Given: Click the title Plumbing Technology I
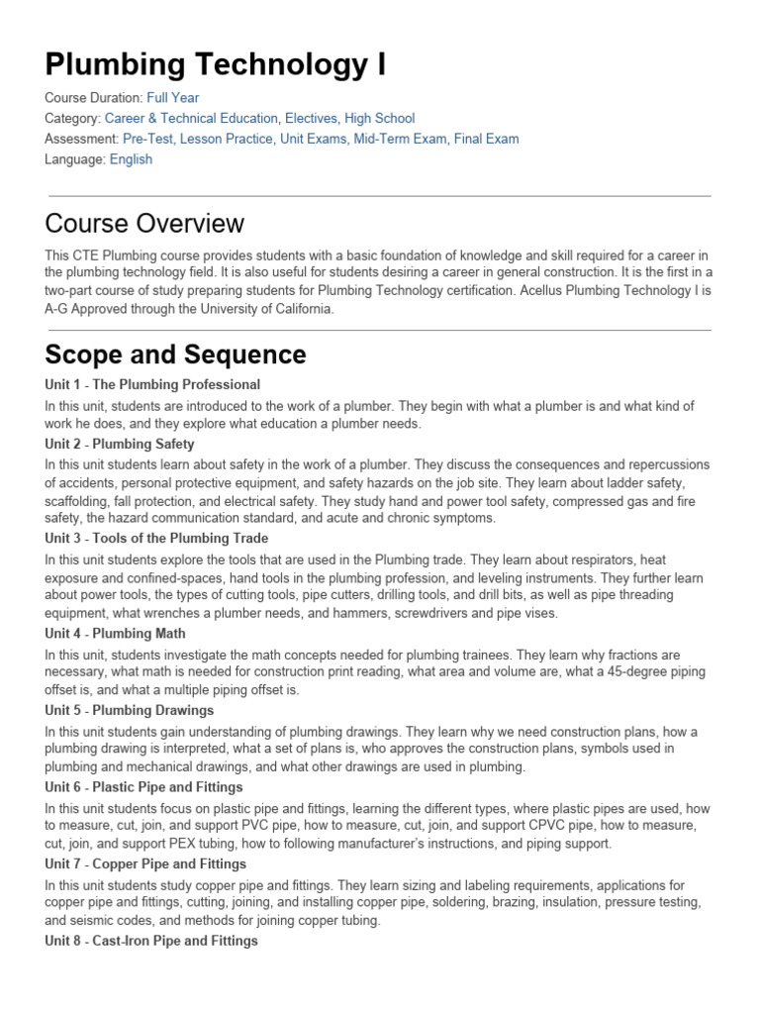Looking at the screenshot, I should (x=216, y=64).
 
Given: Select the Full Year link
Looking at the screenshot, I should (x=172, y=97).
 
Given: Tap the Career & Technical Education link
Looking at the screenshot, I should (x=191, y=118).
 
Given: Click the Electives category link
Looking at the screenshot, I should (x=311, y=118).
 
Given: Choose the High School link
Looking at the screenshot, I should (x=379, y=118).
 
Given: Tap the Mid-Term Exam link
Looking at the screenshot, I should (x=400, y=139).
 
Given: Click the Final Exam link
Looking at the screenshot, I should (x=486, y=139).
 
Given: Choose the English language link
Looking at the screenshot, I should (x=131, y=159).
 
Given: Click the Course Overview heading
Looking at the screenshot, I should (x=144, y=223).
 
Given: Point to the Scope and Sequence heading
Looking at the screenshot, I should (x=176, y=355).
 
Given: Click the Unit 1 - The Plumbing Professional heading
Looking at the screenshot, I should (x=152, y=384).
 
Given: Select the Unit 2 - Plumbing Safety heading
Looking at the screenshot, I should (x=120, y=444).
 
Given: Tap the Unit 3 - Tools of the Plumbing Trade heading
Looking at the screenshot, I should (x=156, y=539).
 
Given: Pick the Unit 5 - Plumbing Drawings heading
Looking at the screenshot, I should (x=130, y=710).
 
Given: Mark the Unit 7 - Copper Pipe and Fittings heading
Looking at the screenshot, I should (x=145, y=864).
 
